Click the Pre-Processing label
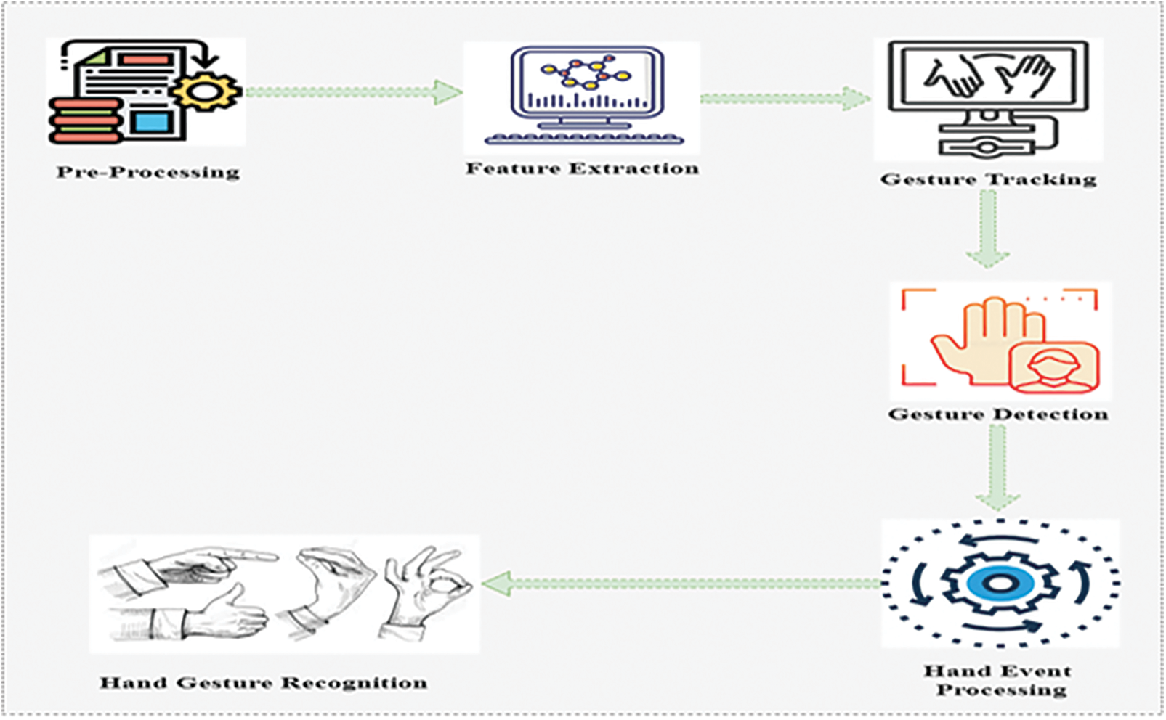point(148,173)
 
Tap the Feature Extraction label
point(582,169)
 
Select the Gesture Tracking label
point(988,179)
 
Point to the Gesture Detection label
point(998,414)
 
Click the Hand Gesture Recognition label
point(263,683)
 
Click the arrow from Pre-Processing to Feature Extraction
point(354,92)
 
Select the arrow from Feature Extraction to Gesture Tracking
point(785,99)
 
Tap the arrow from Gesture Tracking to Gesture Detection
point(987,229)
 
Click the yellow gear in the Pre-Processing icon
point(206,91)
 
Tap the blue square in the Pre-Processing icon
point(150,120)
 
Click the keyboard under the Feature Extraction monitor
point(583,138)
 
